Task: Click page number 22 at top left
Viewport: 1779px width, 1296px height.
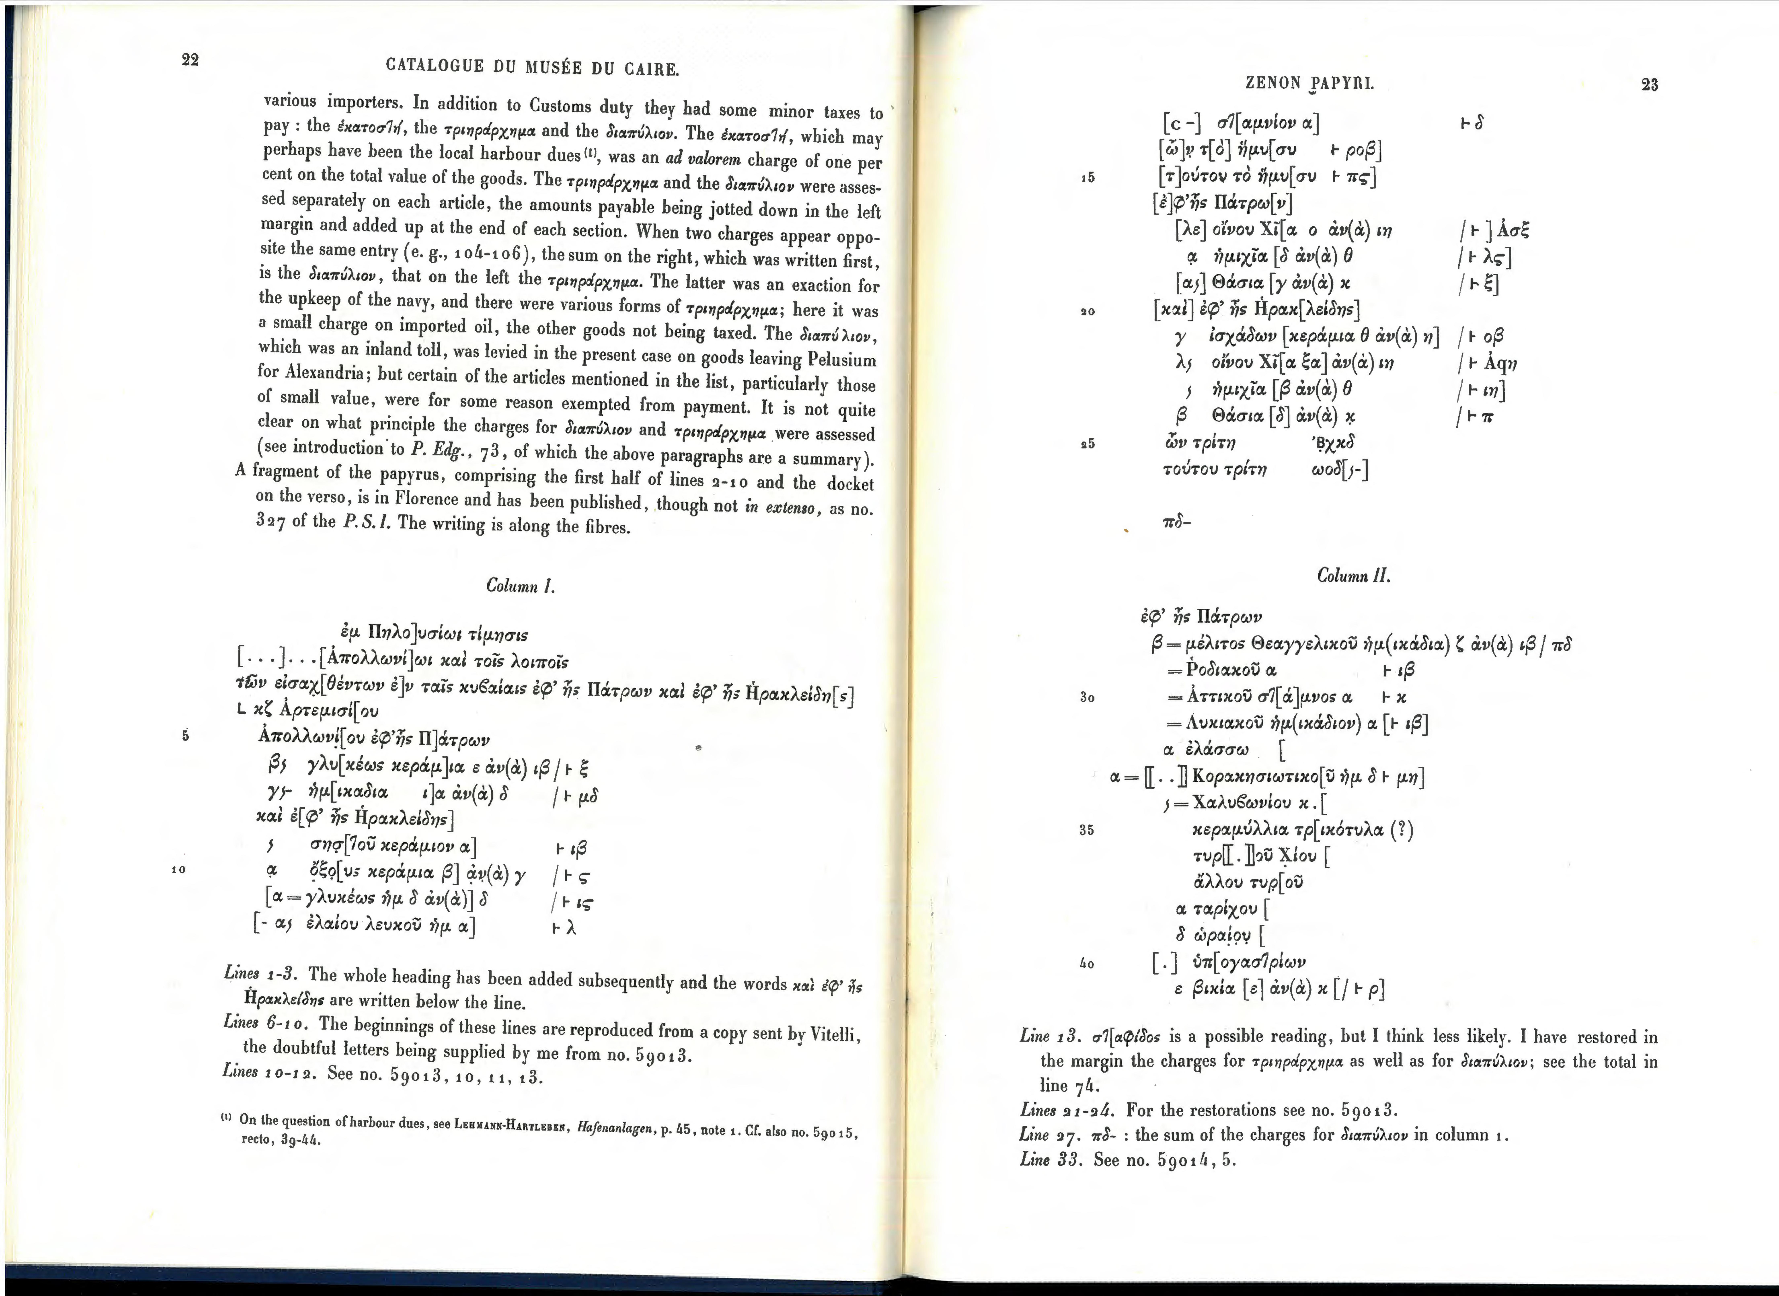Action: [190, 60]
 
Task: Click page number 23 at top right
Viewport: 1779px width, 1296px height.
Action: [1650, 85]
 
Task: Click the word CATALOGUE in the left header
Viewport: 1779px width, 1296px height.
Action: [435, 66]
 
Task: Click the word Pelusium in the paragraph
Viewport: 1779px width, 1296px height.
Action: [842, 360]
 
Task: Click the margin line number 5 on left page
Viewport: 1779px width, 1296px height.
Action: [185, 736]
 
